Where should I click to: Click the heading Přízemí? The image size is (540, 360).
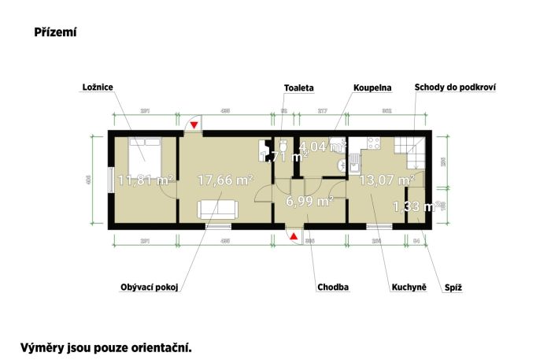tap(54, 32)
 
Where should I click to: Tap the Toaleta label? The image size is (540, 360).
tap(297, 87)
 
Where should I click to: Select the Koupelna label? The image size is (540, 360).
tap(372, 87)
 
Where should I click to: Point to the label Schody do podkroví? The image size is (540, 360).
tap(454, 87)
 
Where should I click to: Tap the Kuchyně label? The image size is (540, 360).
tap(409, 288)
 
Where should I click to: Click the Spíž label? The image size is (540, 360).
tap(453, 288)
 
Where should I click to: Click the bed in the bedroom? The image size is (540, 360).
tap(146, 157)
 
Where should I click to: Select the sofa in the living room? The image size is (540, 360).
tap(218, 209)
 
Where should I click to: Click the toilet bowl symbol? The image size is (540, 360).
tap(281, 147)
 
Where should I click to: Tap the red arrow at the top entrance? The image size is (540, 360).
tap(194, 124)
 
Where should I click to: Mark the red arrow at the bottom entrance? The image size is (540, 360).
tap(294, 236)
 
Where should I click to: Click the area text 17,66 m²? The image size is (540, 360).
tap(224, 180)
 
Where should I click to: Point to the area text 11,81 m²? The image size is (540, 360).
tap(146, 180)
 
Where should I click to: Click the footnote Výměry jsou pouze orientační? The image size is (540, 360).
tap(106, 346)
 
